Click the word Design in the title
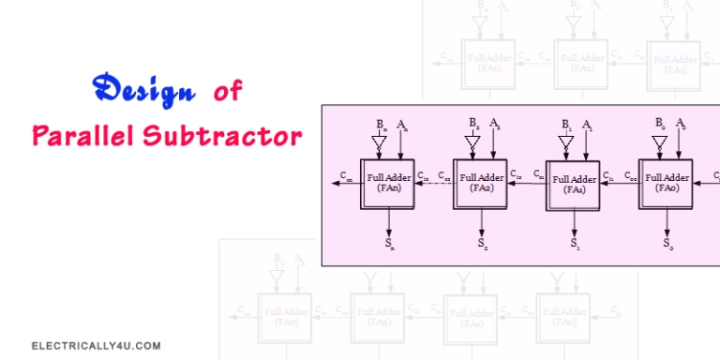pyautogui.click(x=142, y=92)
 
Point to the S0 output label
pyautogui.click(x=667, y=245)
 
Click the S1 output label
pyautogui.click(x=575, y=245)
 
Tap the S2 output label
pyautogui.click(x=482, y=245)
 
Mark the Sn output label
pyautogui.click(x=389, y=245)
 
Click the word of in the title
pyautogui.click(x=226, y=92)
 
